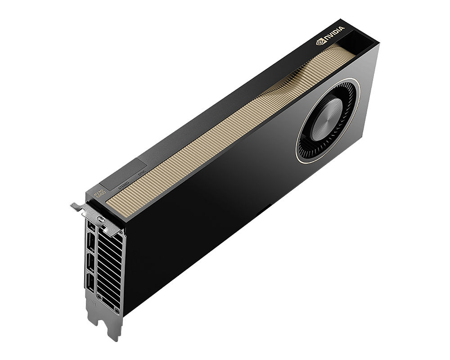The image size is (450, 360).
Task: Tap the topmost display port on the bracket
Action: pyautogui.click(x=91, y=225)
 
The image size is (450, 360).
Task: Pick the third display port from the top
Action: pyautogui.click(x=90, y=265)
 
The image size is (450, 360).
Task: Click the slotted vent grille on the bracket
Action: pyautogui.click(x=110, y=265)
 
